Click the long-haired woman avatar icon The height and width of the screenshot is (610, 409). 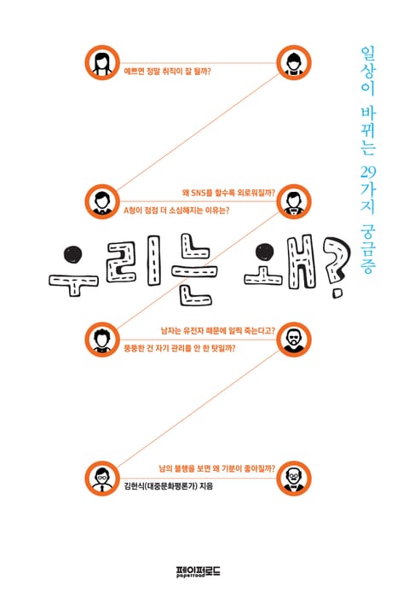(x=102, y=62)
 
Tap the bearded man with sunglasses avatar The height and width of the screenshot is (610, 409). (x=294, y=340)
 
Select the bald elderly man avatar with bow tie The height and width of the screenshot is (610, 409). (x=294, y=478)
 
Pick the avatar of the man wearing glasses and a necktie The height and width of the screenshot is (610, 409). (x=102, y=478)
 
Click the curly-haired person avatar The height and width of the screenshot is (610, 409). (x=102, y=340)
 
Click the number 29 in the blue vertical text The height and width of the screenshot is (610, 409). (x=367, y=171)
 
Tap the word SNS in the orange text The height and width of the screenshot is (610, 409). (x=201, y=193)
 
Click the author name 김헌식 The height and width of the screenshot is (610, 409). (x=133, y=486)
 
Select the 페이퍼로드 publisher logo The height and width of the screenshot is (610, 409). (x=198, y=571)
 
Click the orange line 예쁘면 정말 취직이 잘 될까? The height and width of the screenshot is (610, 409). (x=167, y=72)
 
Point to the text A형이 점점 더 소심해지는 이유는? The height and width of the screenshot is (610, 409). (x=176, y=211)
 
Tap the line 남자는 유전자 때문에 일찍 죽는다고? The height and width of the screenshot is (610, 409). (x=218, y=331)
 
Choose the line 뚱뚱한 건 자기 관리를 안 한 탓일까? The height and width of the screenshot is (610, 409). (x=180, y=348)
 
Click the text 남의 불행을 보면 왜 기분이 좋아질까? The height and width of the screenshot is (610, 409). (x=217, y=468)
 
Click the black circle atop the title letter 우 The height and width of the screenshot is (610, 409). (x=73, y=255)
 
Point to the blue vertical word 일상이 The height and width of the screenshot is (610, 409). (x=367, y=71)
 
